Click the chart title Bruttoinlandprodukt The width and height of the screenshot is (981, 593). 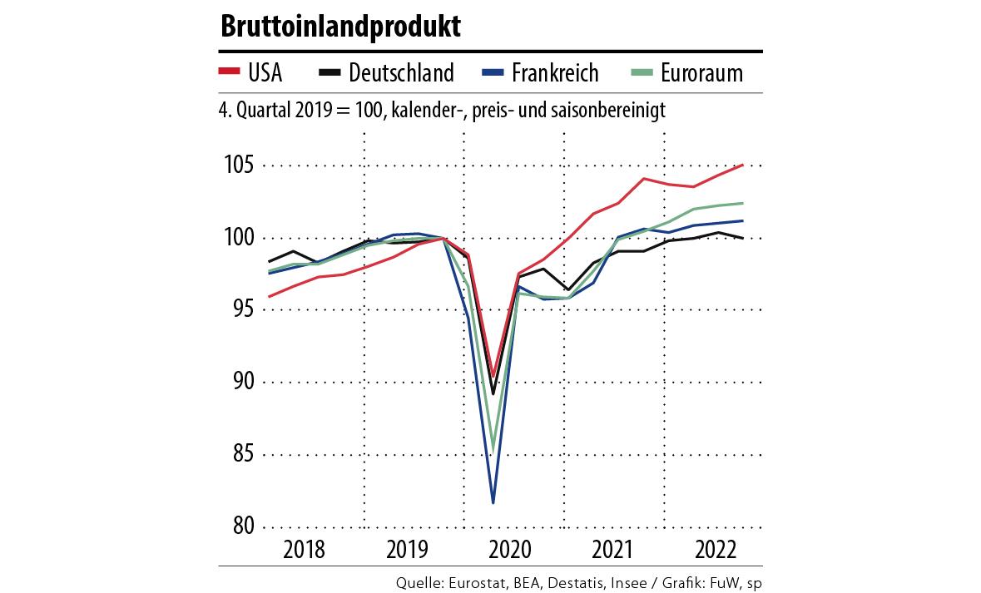(340, 27)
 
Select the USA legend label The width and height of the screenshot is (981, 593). (265, 73)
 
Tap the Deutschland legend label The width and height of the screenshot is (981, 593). (401, 73)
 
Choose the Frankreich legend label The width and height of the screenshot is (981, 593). (555, 73)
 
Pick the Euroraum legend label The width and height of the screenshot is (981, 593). (701, 73)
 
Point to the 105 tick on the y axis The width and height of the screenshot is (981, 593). (238, 166)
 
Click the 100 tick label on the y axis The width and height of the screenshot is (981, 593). (238, 238)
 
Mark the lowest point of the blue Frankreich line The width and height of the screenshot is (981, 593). (493, 502)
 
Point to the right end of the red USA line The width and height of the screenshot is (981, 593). (742, 165)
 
